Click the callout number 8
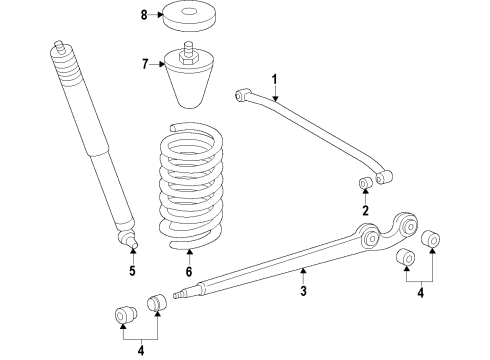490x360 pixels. click(144, 15)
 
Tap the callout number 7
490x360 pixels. click(145, 64)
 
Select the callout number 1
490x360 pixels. click(275, 80)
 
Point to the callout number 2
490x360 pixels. click(366, 211)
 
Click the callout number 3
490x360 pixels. click(303, 291)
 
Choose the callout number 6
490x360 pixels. click(189, 272)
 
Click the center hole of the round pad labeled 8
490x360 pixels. click(189, 12)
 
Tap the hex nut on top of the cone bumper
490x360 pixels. click(189, 58)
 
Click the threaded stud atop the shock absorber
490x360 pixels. click(60, 47)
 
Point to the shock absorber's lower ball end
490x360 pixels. click(129, 239)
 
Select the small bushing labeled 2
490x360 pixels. click(366, 183)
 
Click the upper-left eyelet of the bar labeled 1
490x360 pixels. click(242, 94)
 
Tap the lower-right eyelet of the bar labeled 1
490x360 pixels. click(384, 177)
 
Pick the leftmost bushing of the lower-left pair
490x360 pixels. click(125, 315)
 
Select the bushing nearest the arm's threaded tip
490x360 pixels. click(157, 302)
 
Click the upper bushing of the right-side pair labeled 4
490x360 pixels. click(430, 239)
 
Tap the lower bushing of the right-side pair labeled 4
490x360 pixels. click(406, 257)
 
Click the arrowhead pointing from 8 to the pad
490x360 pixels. click(159, 15)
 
